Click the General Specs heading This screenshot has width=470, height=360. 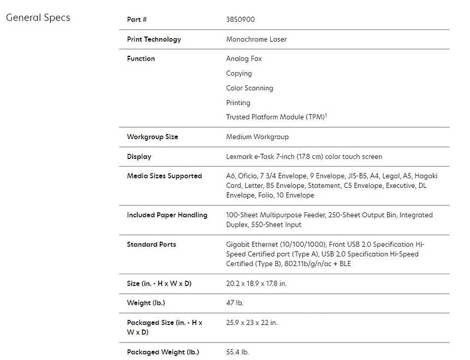pyautogui.click(x=38, y=18)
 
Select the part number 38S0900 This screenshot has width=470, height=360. pyautogui.click(x=241, y=20)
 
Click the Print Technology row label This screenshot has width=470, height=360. pyautogui.click(x=154, y=39)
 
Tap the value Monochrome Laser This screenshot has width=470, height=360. pyautogui.click(x=256, y=39)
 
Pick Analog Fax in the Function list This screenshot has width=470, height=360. pyautogui.click(x=244, y=59)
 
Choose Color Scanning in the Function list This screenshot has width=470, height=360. pyautogui.click(x=249, y=88)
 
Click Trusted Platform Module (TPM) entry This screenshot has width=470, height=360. pyautogui.click(x=274, y=117)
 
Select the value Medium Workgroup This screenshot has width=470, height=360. pyautogui.click(x=257, y=136)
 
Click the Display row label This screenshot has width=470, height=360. pyautogui.click(x=139, y=157)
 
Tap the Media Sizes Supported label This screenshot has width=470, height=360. pyautogui.click(x=164, y=176)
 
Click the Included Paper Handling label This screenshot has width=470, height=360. pyautogui.click(x=167, y=215)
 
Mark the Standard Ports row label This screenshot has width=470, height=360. pyautogui.click(x=151, y=244)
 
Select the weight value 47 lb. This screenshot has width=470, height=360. pyautogui.click(x=235, y=303)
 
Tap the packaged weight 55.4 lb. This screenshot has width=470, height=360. pyautogui.click(x=238, y=352)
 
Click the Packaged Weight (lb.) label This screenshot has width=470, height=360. pyautogui.click(x=163, y=352)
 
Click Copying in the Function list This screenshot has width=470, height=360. pyautogui.click(x=239, y=73)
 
